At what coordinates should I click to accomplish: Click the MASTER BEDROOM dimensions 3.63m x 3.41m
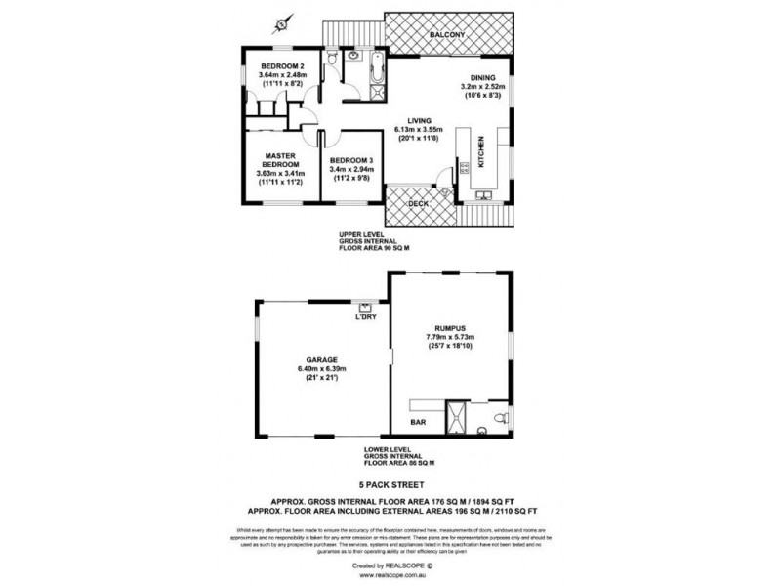[x=281, y=174]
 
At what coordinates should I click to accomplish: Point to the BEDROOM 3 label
[x=352, y=160]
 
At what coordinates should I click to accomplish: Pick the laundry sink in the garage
[x=366, y=304]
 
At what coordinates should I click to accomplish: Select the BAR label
[x=417, y=423]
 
